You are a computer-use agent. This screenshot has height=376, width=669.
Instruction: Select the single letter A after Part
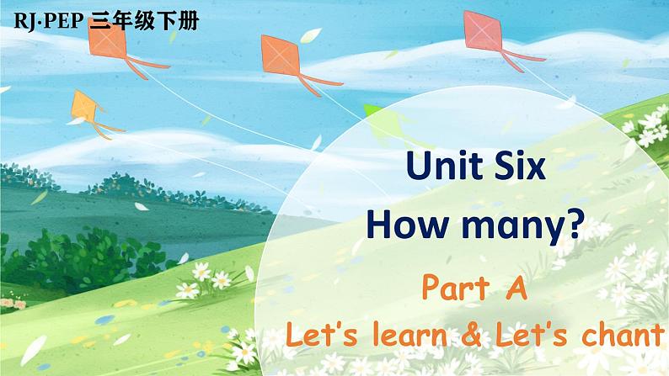[516, 289]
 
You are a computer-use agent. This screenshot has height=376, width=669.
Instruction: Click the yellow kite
[88, 107]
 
